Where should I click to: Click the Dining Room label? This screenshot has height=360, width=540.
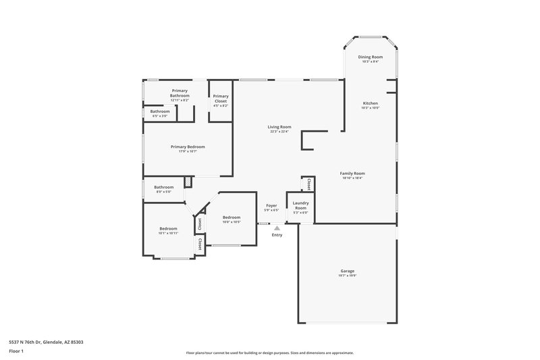[369, 57]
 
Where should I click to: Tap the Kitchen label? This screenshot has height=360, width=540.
[369, 103]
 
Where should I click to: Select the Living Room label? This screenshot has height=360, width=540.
[279, 127]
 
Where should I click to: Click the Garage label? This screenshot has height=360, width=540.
[347, 271]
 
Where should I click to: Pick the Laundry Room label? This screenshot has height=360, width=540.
[300, 205]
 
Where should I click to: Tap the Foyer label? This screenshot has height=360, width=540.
[271, 205]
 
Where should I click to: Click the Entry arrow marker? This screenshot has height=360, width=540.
[277, 228]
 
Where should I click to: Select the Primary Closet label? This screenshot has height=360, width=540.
[221, 99]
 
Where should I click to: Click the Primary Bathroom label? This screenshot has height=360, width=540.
[180, 93]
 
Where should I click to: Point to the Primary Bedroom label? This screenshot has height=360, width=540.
[188, 147]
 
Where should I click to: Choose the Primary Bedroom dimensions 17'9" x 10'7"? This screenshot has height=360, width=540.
[188, 151]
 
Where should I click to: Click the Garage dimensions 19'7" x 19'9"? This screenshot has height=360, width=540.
[347, 276]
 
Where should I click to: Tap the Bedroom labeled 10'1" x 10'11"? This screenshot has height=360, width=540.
[168, 228]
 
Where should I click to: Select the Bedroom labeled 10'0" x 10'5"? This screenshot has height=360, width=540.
[232, 217]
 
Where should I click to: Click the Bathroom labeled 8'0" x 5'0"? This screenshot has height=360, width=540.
[163, 187]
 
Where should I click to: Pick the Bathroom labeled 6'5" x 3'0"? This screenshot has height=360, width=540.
[160, 111]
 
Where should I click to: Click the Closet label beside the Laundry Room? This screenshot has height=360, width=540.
[308, 183]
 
